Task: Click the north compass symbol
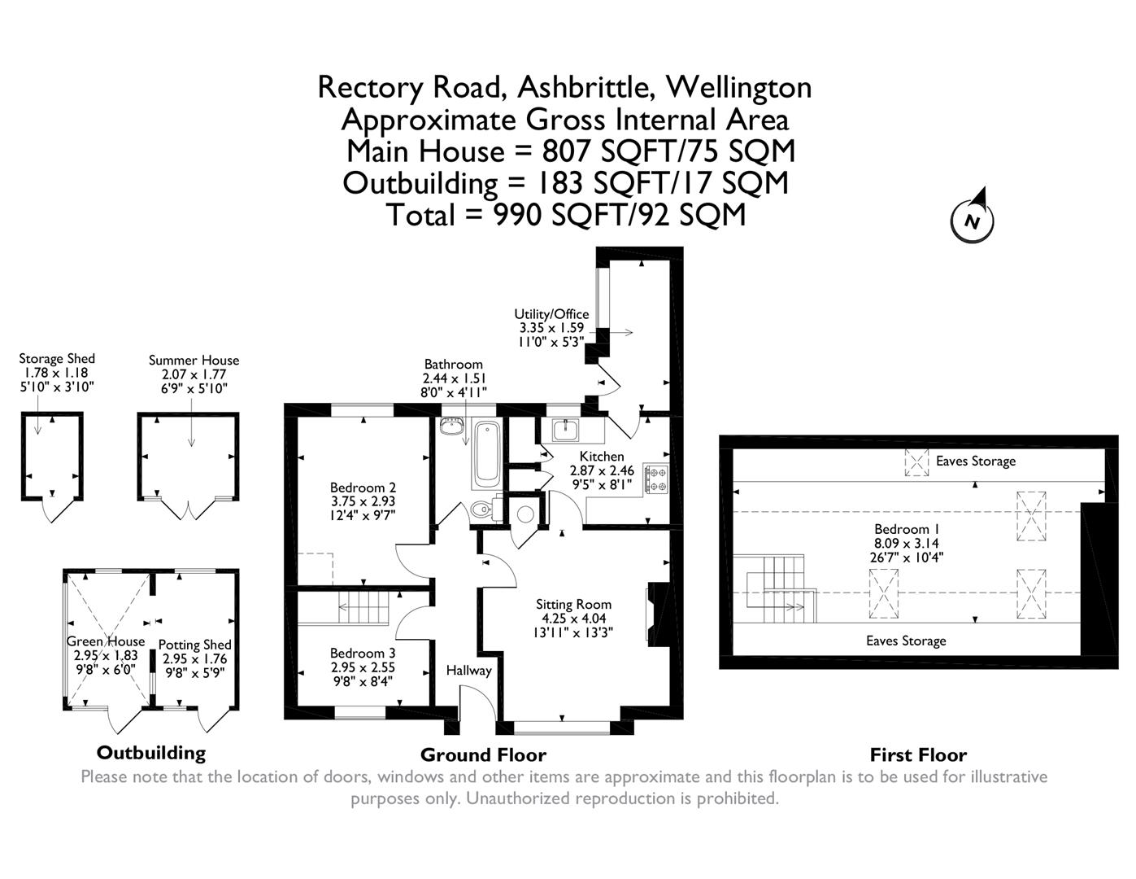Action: click(973, 217)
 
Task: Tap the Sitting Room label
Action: click(573, 605)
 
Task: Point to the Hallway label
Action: click(468, 671)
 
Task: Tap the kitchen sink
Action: click(564, 429)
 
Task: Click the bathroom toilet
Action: click(482, 510)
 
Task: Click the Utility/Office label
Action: click(551, 314)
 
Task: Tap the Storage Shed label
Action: click(57, 359)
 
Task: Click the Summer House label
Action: click(194, 361)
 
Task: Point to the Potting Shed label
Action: click(194, 645)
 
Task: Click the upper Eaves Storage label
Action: click(975, 461)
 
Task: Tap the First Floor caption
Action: click(918, 754)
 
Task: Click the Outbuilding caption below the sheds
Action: click(151, 752)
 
